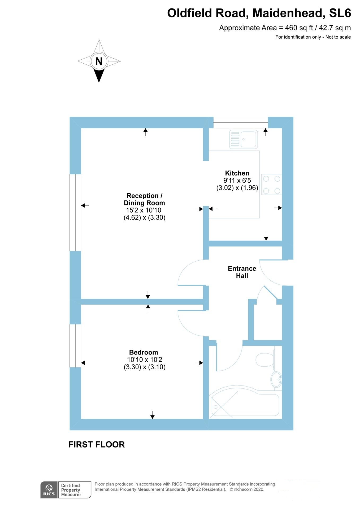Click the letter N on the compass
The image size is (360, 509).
click(99, 61)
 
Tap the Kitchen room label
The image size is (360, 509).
click(237, 173)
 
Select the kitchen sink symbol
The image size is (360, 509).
click(244, 139)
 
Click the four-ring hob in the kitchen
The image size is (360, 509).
click(271, 184)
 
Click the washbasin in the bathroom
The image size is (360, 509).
click(276, 379)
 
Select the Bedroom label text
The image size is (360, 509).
click(144, 352)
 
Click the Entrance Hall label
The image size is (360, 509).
click(242, 272)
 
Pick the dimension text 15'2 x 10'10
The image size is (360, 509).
click(144, 210)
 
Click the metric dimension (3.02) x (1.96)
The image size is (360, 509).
click(237, 188)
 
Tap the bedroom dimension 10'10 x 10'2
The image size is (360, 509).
click(145, 359)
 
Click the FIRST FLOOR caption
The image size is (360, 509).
click(97, 445)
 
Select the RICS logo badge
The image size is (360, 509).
click(49, 490)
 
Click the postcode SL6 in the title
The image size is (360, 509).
click(340, 13)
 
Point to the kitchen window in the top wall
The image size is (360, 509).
click(241, 122)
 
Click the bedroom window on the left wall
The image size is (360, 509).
click(75, 346)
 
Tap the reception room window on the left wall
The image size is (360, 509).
click(75, 212)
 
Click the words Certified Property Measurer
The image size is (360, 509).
click(71, 490)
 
